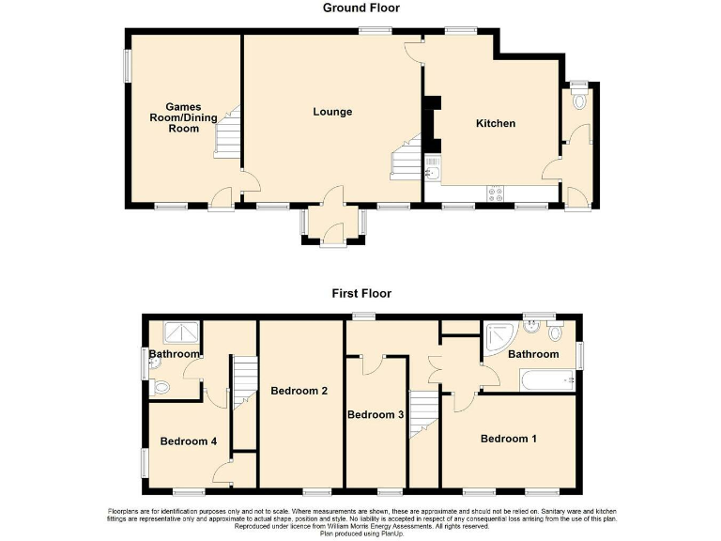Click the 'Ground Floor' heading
(360, 8)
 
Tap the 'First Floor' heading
(360, 293)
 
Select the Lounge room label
(332, 113)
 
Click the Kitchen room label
(495, 124)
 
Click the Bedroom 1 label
(510, 439)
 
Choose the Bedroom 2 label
(299, 391)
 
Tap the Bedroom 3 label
(376, 415)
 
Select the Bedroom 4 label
(188, 441)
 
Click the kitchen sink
(433, 167)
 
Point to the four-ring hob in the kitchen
(494, 193)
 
